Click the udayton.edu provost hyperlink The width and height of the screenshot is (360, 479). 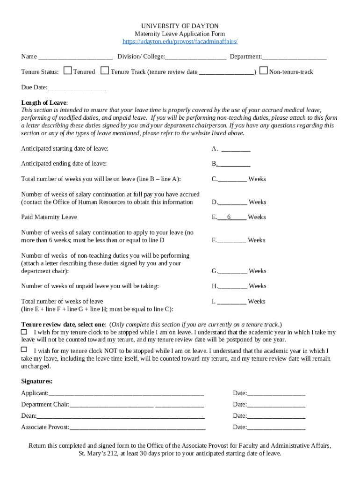tap(180, 42)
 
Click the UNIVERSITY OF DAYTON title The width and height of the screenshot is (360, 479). tap(180, 26)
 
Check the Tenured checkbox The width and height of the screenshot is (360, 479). tap(68, 71)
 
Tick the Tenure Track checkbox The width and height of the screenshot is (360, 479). tap(105, 71)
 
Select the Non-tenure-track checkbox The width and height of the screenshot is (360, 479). tap(263, 71)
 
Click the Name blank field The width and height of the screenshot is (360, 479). tap(75, 57)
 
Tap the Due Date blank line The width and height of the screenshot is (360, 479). tap(77, 87)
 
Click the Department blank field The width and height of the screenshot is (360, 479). tap(294, 57)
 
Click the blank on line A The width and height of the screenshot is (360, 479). tap(236, 149)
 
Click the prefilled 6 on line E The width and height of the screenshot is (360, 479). tap(229, 217)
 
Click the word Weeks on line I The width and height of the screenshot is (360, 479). tap(257, 302)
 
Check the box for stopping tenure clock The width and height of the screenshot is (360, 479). tap(24, 331)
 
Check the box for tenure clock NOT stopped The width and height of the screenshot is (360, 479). tap(24, 349)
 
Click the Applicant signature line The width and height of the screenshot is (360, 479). tap(126, 393)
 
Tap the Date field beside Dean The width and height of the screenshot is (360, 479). tap(276, 416)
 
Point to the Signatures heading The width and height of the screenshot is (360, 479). tap(37, 382)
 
